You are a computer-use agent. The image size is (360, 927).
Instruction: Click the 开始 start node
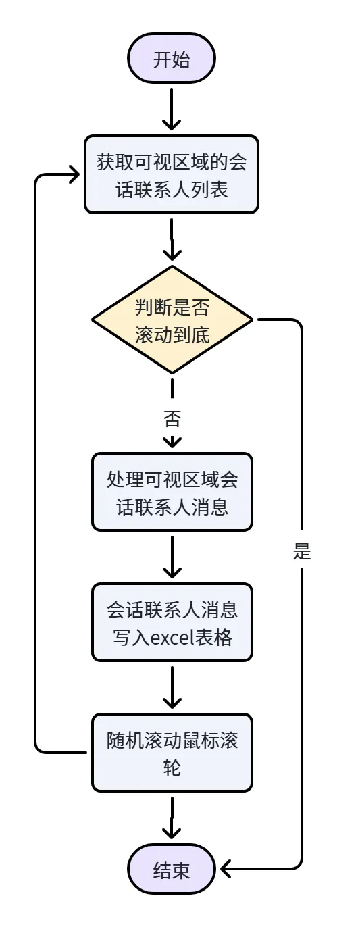(172, 58)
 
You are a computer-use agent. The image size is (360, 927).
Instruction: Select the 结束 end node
(172, 870)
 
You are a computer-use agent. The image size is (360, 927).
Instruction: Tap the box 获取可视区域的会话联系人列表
(172, 174)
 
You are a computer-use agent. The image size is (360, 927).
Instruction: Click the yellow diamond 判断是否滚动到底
(172, 320)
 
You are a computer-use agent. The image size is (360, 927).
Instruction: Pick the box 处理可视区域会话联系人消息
(172, 492)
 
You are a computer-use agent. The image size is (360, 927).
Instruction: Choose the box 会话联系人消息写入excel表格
(172, 622)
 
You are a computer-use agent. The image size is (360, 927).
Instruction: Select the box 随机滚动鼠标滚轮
(172, 753)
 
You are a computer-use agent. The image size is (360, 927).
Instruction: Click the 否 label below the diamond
(172, 418)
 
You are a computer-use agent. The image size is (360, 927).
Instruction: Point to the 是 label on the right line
(302, 551)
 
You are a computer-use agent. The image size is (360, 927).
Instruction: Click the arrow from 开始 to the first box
(172, 109)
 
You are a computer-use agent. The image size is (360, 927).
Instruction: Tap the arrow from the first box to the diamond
(172, 239)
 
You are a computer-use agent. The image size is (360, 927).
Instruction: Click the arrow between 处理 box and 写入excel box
(172, 557)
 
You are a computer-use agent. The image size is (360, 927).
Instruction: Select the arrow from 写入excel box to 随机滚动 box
(172, 687)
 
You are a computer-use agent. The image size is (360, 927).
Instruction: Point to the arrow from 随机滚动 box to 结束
(172, 818)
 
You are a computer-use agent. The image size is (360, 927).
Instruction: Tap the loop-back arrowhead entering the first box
(74, 174)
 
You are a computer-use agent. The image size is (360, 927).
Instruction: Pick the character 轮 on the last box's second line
(172, 768)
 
